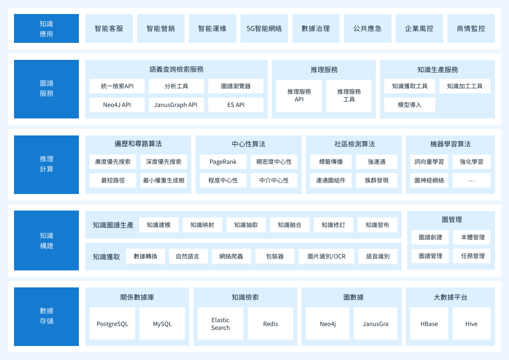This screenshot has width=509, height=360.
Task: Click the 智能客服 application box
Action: click(x=109, y=28)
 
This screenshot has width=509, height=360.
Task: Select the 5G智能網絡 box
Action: click(x=264, y=28)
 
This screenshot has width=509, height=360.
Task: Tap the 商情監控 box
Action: click(x=471, y=28)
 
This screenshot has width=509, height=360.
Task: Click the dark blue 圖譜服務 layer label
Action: click(x=46, y=89)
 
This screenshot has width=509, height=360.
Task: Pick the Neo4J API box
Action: click(x=117, y=105)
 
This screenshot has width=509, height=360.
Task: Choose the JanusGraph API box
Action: click(x=176, y=105)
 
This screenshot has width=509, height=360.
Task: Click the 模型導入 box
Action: click(x=409, y=105)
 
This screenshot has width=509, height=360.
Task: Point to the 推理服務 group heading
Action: click(x=324, y=70)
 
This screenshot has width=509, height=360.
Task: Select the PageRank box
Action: click(x=223, y=162)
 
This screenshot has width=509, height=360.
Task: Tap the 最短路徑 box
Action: click(x=113, y=180)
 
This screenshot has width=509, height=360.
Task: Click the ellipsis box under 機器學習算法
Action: click(x=472, y=180)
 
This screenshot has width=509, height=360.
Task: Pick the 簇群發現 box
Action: click(x=377, y=180)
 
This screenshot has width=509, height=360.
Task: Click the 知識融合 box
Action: click(x=290, y=225)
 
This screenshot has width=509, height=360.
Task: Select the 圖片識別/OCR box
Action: click(x=326, y=256)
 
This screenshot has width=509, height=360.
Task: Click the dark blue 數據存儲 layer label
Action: click(x=46, y=317)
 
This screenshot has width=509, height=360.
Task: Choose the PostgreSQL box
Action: click(x=112, y=323)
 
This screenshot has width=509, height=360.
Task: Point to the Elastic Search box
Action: click(x=221, y=323)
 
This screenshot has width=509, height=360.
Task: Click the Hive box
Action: click(x=472, y=323)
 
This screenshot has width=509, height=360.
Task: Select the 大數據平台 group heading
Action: click(x=450, y=297)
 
